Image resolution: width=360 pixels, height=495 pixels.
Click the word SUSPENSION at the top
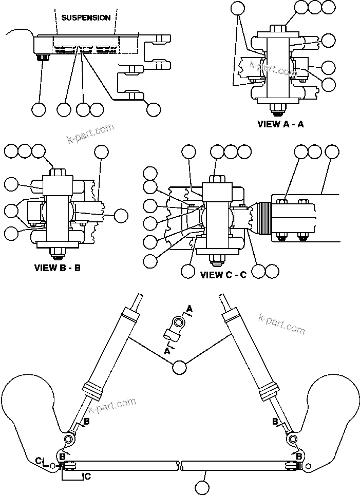tap(86, 17)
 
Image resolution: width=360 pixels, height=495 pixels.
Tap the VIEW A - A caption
tap(280, 124)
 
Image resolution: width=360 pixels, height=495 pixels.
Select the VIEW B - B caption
tap(57, 268)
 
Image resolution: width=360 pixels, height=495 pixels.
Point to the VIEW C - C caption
tap(223, 275)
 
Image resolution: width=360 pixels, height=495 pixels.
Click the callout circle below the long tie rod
tap(203, 486)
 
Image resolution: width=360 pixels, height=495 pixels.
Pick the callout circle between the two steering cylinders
tap(179, 367)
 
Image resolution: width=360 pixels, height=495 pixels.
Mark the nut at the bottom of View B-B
tap(56, 252)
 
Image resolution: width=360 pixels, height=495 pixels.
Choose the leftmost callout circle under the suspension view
tap(39, 109)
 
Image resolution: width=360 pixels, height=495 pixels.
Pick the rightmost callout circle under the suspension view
tap(153, 109)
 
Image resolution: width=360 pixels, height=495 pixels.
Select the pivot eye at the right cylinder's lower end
tap(292, 439)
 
